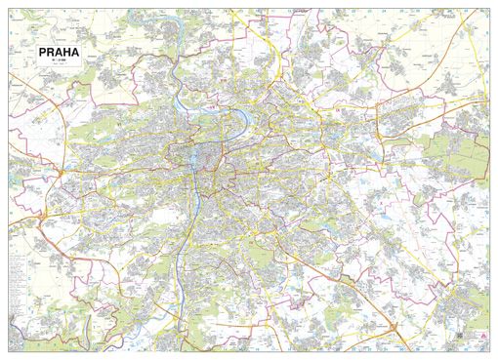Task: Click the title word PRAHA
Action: coord(61,54)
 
